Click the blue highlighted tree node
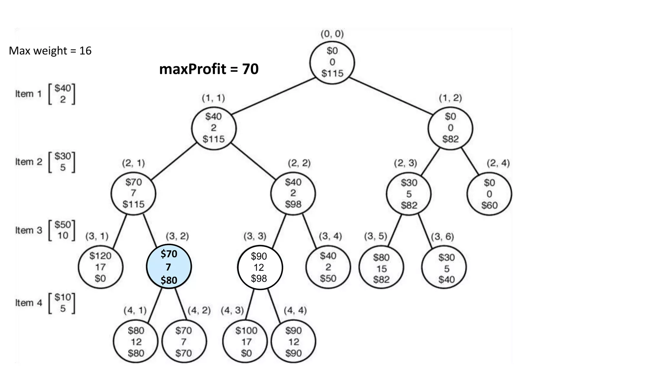pyautogui.click(x=169, y=267)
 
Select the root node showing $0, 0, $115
pyautogui.click(x=332, y=62)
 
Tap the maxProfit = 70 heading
pyautogui.click(x=209, y=69)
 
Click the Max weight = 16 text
pyautogui.click(x=50, y=51)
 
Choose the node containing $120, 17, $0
pyautogui.click(x=100, y=267)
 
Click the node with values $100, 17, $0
pyautogui.click(x=246, y=342)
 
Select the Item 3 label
pyautogui.click(x=28, y=230)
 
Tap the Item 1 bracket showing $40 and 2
pyautogui.click(x=62, y=94)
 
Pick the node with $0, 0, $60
pyautogui.click(x=489, y=194)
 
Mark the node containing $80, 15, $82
pyautogui.click(x=381, y=268)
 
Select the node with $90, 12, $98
pyautogui.click(x=259, y=267)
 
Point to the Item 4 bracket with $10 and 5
pyautogui.click(x=62, y=303)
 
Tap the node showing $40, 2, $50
pyautogui.click(x=328, y=267)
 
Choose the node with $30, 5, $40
pyautogui.click(x=446, y=268)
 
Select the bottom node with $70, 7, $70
pyautogui.click(x=184, y=342)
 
